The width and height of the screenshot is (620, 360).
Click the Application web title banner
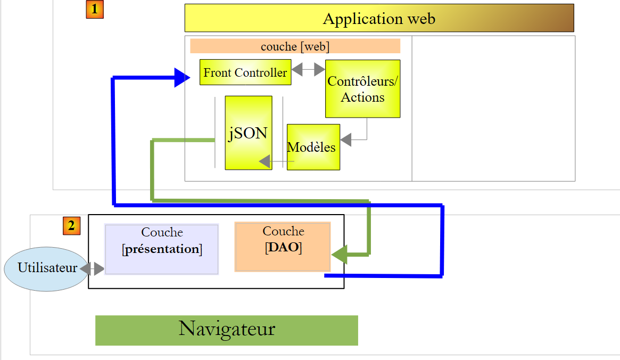pyautogui.click(x=379, y=18)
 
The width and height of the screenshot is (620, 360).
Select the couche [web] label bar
pyautogui.click(x=295, y=46)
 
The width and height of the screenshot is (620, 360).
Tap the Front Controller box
pyautogui.click(x=245, y=72)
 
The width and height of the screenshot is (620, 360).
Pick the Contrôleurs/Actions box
pyautogui.click(x=362, y=88)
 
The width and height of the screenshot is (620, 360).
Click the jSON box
pyautogui.click(x=248, y=133)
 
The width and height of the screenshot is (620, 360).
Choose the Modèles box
pyautogui.click(x=313, y=147)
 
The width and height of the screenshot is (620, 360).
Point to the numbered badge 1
pyautogui.click(x=95, y=10)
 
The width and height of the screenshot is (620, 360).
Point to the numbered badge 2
pyautogui.click(x=71, y=226)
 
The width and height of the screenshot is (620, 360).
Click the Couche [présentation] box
pyautogui.click(x=162, y=249)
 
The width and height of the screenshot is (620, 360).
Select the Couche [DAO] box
pyautogui.click(x=283, y=247)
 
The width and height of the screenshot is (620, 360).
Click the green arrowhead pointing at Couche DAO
pyautogui.click(x=339, y=254)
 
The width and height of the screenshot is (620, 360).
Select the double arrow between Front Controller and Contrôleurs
pyautogui.click(x=308, y=69)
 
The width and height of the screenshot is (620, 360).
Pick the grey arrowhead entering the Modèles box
pyautogui.click(x=346, y=140)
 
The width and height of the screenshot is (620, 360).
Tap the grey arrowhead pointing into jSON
pyautogui.click(x=264, y=161)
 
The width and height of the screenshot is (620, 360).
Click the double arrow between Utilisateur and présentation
pyautogui.click(x=92, y=268)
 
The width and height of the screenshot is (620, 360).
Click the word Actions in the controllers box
pyautogui.click(x=362, y=97)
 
